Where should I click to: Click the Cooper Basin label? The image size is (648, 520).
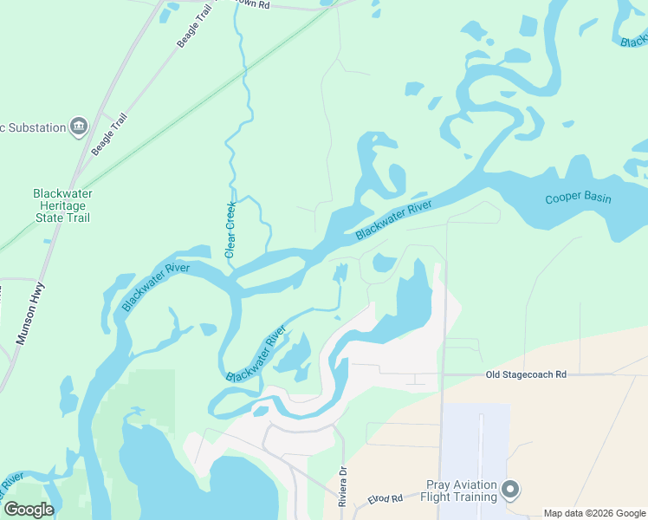(x=578, y=198)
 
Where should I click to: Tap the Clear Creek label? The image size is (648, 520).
(x=230, y=230)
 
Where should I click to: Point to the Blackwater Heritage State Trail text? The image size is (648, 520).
(x=62, y=205)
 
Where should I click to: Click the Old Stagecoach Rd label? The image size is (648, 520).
(x=525, y=374)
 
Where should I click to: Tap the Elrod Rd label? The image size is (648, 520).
(x=385, y=499)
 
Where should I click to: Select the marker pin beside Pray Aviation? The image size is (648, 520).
(x=510, y=491)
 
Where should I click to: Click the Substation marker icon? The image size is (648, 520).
(x=79, y=127)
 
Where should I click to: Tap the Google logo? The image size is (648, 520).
(x=29, y=510)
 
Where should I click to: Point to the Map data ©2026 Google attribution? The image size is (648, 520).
(x=593, y=513)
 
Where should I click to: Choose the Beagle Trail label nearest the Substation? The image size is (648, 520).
(x=109, y=133)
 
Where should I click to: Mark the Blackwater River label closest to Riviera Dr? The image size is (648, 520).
(x=256, y=354)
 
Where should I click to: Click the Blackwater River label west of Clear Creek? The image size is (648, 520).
(x=155, y=287)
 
